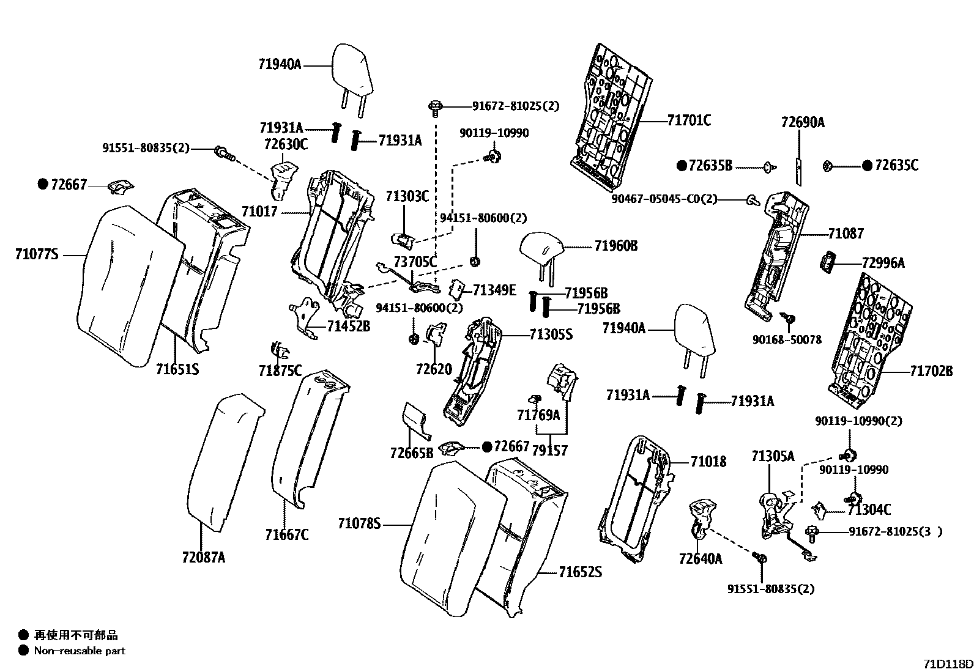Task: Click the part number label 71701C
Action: click(689, 120)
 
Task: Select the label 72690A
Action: click(803, 122)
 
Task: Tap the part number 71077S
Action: click(37, 254)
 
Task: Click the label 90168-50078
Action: click(787, 339)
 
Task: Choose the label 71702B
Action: click(931, 371)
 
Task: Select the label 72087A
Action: click(203, 557)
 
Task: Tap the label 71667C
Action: click(287, 535)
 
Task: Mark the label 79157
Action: click(549, 451)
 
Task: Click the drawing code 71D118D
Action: click(947, 664)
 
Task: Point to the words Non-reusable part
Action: click(80, 651)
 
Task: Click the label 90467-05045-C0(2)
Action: click(664, 199)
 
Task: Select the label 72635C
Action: click(896, 165)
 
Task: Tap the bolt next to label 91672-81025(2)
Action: click(435, 108)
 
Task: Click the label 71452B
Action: click(348, 326)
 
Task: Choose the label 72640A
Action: click(700, 558)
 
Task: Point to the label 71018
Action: click(708, 462)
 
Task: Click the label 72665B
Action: click(411, 452)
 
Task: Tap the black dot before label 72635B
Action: click(682, 165)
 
